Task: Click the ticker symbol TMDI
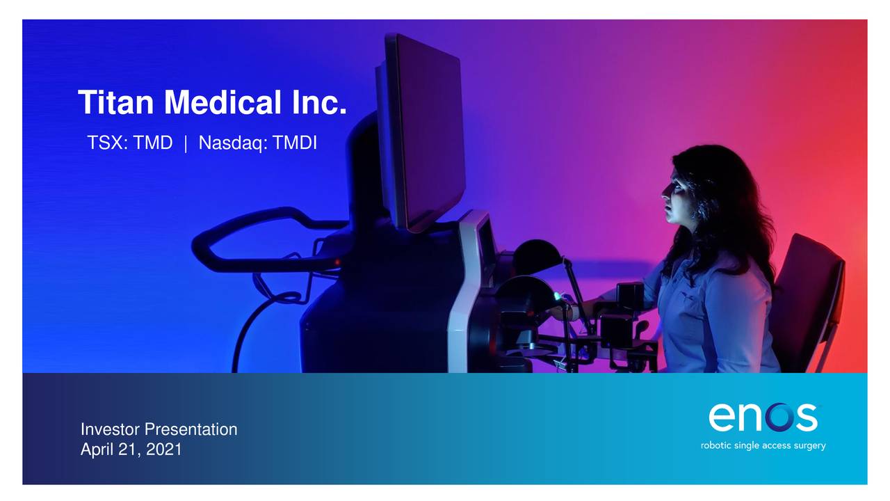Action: click(x=294, y=143)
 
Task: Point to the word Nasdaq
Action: click(x=232, y=143)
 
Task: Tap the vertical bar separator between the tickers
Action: click(x=186, y=143)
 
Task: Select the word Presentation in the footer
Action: click(x=191, y=429)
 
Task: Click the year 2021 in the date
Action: click(x=164, y=450)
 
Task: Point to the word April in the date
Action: click(x=97, y=450)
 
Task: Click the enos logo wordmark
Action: click(x=763, y=417)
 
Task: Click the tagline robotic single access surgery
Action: click(x=763, y=445)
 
